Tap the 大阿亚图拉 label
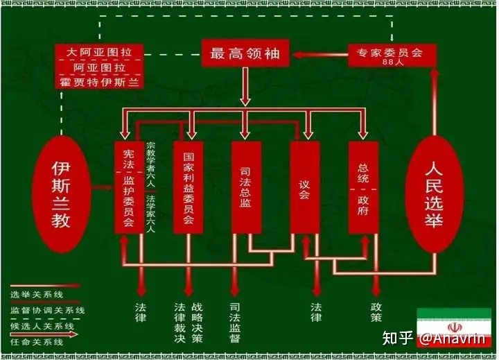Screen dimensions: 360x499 [98, 52]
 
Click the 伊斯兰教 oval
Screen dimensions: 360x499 [62, 195]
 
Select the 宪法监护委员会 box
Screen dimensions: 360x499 [128, 187]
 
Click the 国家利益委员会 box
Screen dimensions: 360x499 [187, 187]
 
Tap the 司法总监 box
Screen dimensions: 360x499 [245, 187]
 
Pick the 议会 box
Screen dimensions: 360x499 [304, 187]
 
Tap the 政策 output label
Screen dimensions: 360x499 [376, 312]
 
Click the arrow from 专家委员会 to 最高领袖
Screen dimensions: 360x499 [319, 53]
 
